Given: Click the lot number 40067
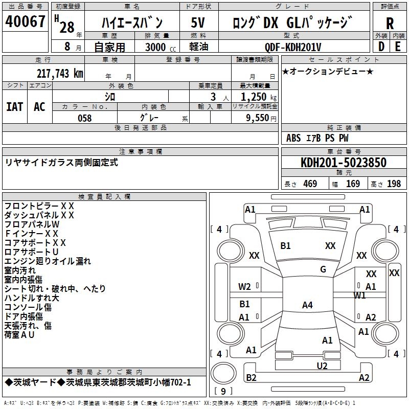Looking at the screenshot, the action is pyautogui.click(x=25, y=22).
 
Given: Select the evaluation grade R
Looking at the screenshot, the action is pyautogui.click(x=390, y=24).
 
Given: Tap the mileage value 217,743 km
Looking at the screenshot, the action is pyautogui.click(x=60, y=74).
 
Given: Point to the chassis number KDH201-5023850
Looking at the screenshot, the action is pyautogui.click(x=344, y=163).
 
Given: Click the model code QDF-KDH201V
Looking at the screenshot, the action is pyautogui.click(x=293, y=47).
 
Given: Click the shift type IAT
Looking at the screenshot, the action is pyautogui.click(x=14, y=106).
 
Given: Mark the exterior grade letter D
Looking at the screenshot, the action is pyautogui.click(x=380, y=47).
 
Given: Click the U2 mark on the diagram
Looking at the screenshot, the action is pyautogui.click(x=322, y=366).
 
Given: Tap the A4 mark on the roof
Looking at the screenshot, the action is pyautogui.click(x=307, y=305).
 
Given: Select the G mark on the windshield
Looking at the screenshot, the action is pyautogui.click(x=323, y=269).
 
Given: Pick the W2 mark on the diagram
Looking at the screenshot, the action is pyautogui.click(x=245, y=286).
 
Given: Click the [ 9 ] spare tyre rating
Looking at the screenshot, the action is pyautogui.click(x=223, y=392).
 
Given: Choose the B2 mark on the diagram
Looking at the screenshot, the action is pyautogui.click(x=251, y=378).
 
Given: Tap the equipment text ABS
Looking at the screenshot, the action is pyautogui.click(x=293, y=138).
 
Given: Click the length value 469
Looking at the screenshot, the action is pyautogui.click(x=310, y=184).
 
